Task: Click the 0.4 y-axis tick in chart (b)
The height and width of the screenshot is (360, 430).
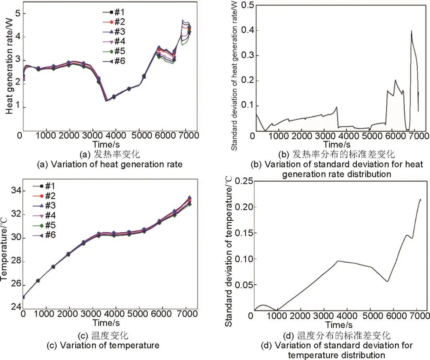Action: tap(241, 30)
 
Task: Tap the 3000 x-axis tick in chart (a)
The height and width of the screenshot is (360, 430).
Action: tap(93, 135)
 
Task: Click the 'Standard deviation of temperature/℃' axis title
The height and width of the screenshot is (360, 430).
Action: tap(229, 252)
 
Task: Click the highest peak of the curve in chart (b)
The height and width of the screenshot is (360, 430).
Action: tap(411, 31)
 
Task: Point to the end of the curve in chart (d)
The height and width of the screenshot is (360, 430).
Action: tap(420, 199)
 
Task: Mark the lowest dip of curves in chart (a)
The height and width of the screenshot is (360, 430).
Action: tap(106, 101)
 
